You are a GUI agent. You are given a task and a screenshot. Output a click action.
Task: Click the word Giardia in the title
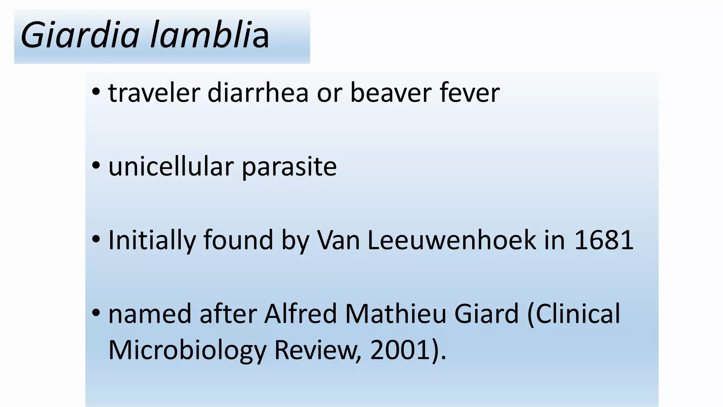click(80, 35)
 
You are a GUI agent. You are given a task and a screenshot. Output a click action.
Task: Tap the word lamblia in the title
click(210, 35)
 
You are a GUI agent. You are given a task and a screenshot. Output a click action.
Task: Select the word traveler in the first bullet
click(154, 93)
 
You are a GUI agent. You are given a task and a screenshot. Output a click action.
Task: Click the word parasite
click(289, 168)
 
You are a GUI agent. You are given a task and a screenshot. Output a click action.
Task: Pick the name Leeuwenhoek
click(452, 240)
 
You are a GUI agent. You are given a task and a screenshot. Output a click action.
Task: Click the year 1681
click(604, 240)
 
